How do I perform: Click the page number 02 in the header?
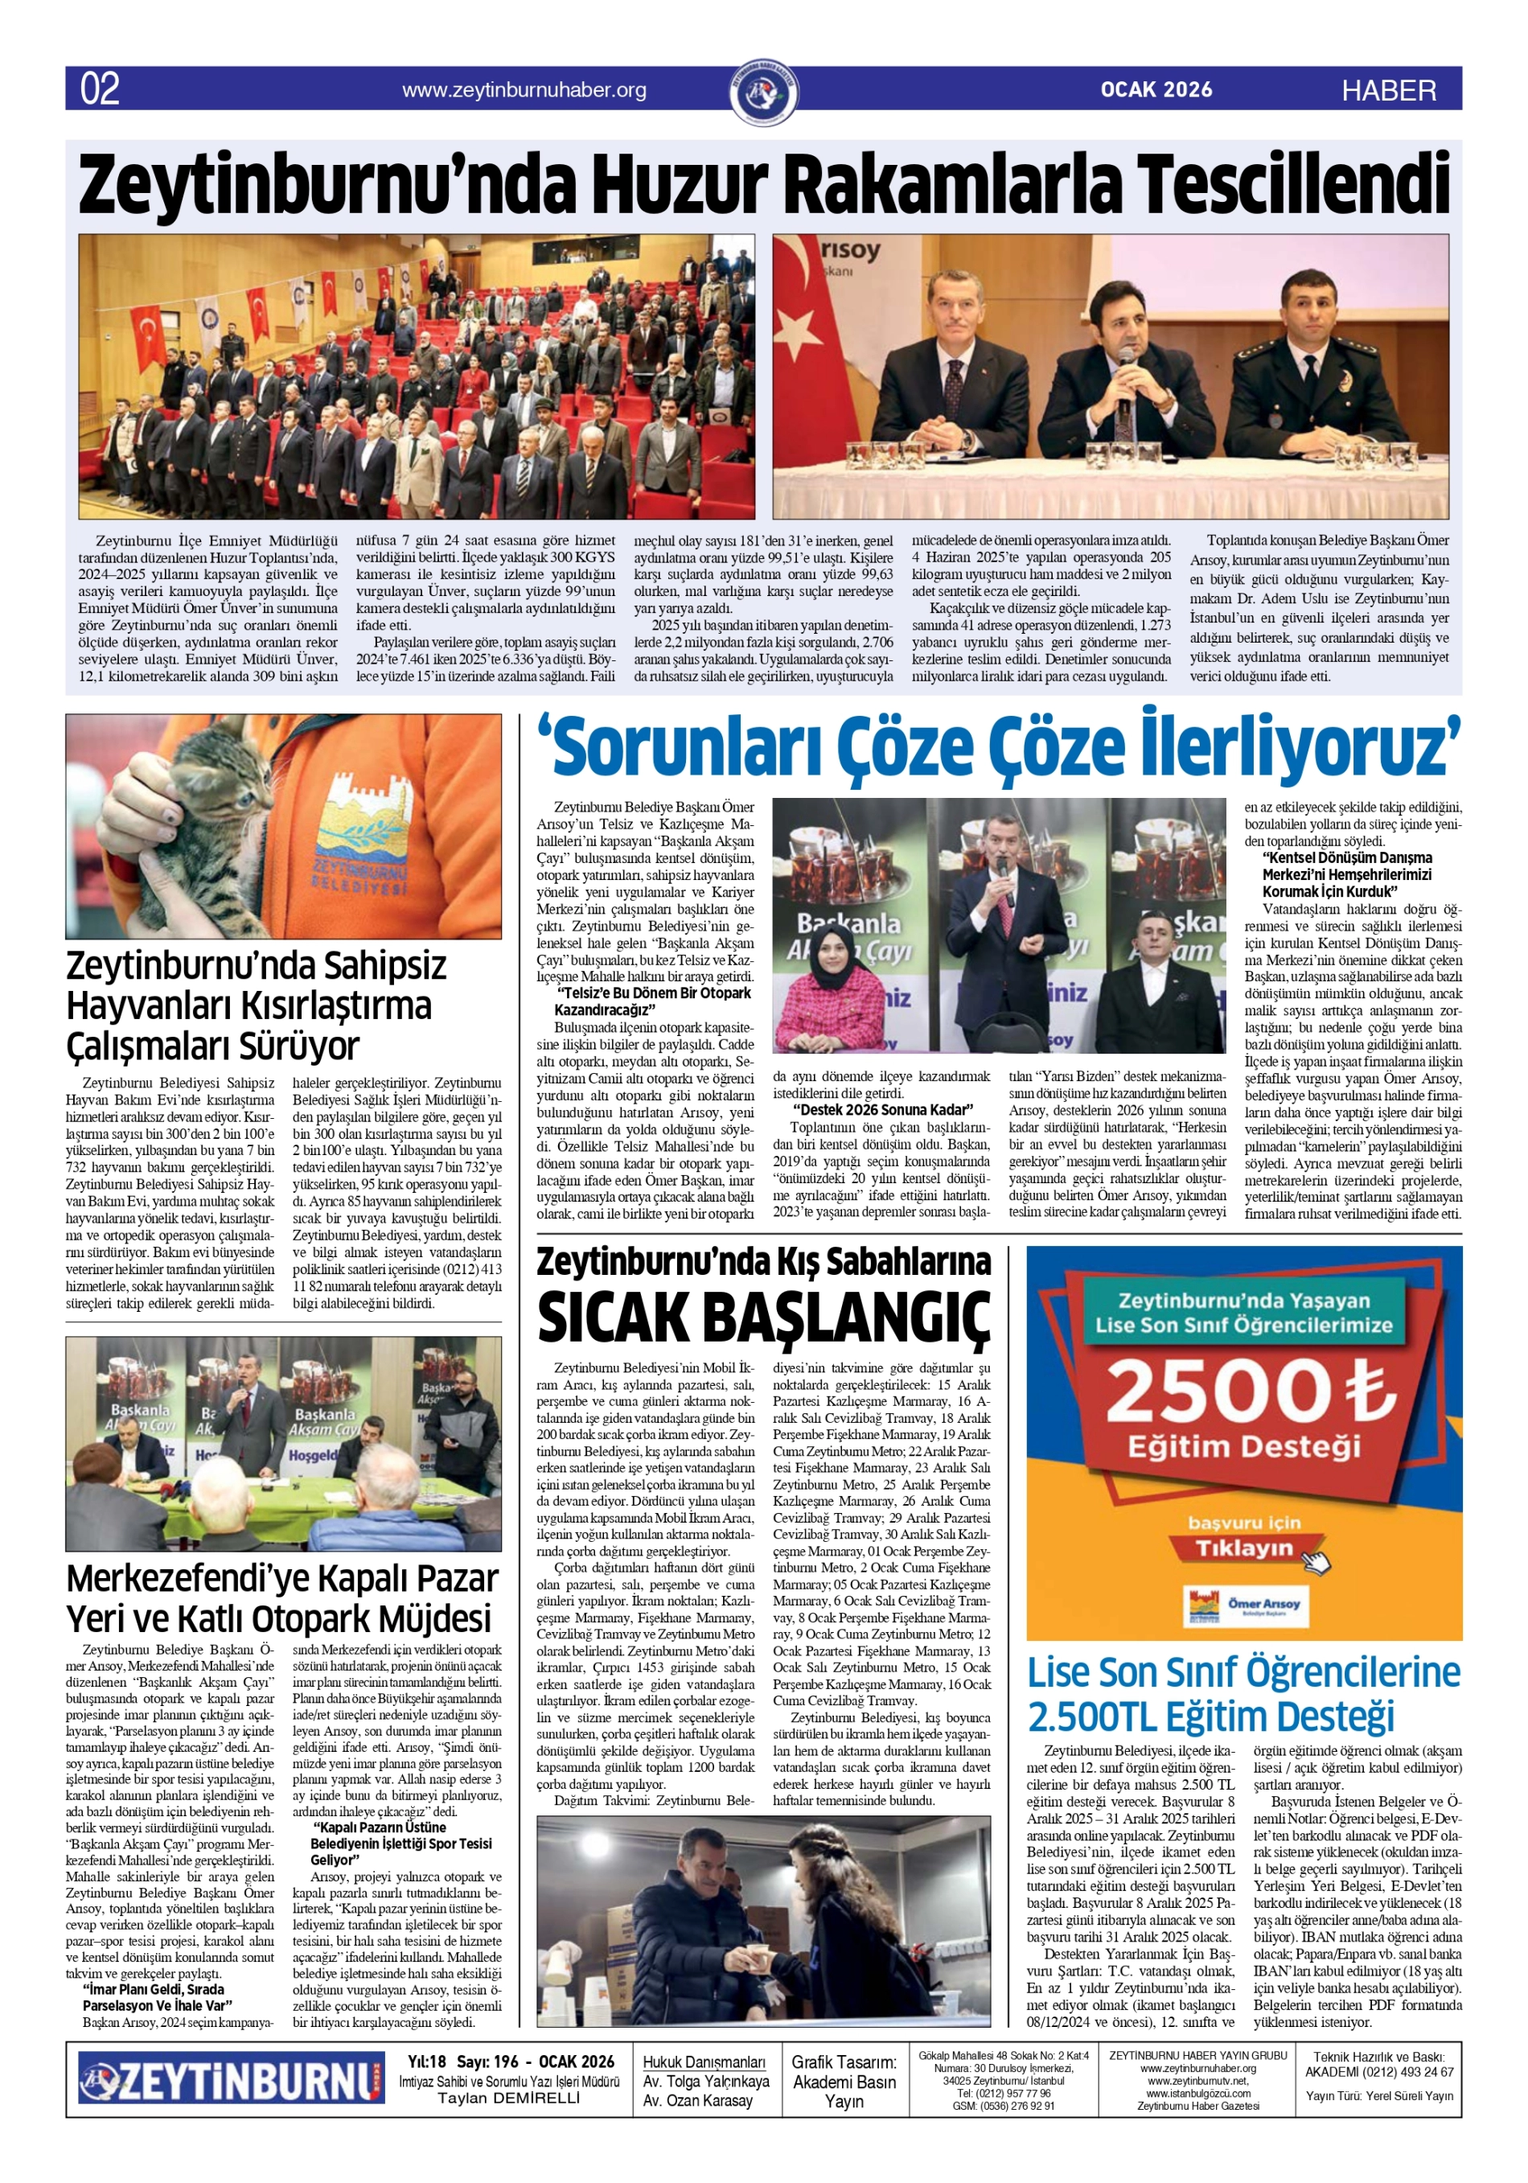[100, 89]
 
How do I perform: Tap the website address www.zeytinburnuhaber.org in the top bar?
[524, 90]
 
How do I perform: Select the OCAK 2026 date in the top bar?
[1156, 89]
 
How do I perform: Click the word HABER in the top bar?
[1388, 91]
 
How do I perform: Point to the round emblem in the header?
[763, 92]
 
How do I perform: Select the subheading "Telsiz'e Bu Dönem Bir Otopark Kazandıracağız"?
[654, 1001]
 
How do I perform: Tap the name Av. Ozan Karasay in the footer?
[697, 2100]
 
